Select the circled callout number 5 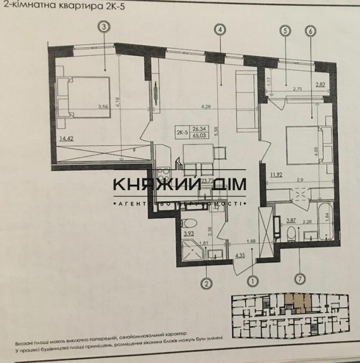tap(285, 31)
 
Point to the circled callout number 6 tap(311, 31)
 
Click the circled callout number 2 tap(205, 282)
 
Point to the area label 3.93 tap(188, 234)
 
